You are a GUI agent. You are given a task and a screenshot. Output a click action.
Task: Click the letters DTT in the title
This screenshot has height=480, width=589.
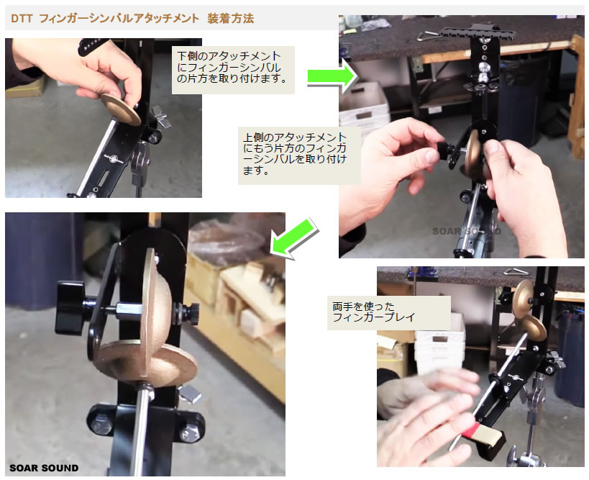(22, 18)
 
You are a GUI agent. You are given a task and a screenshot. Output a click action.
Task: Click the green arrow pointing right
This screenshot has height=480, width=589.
(332, 76)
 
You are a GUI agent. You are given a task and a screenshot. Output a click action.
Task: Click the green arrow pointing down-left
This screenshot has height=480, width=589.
(293, 237)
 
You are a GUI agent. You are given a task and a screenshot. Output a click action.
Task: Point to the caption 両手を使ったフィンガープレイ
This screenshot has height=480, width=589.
(375, 311)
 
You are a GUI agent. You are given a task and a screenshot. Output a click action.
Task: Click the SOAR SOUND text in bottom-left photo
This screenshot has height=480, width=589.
(44, 468)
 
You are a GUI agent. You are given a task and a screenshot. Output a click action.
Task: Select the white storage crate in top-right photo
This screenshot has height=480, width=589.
(364, 104)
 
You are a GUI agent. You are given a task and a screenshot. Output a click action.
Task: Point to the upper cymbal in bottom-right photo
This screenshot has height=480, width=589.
(523, 293)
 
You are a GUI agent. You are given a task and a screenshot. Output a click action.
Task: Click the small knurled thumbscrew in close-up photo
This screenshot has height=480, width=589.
(193, 313)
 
